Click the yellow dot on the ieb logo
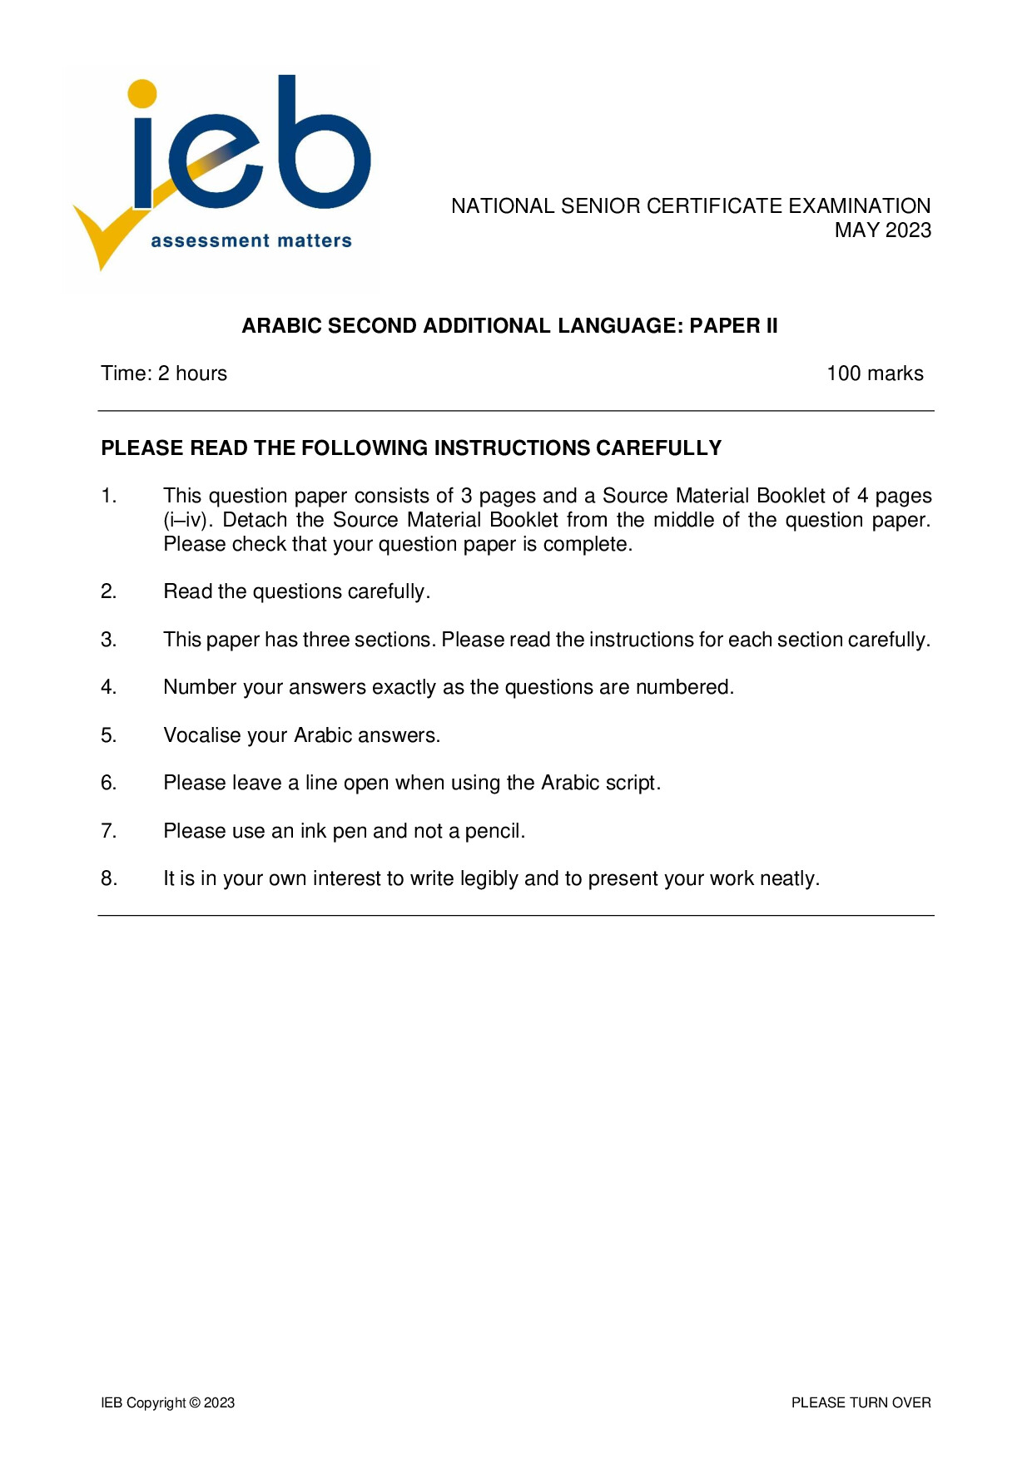pyautogui.click(x=143, y=93)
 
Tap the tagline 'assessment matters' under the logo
pyautogui.click(x=251, y=241)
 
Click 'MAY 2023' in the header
pyautogui.click(x=882, y=230)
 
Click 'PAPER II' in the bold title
pyautogui.click(x=733, y=326)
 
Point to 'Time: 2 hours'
pyautogui.click(x=164, y=373)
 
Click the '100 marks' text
pyautogui.click(x=875, y=373)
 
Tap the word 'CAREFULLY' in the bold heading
pyautogui.click(x=658, y=448)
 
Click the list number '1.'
pyautogui.click(x=109, y=496)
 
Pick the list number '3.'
pyautogui.click(x=109, y=640)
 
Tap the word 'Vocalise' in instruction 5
pyautogui.click(x=201, y=735)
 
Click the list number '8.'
pyautogui.click(x=109, y=878)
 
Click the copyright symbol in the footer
pyautogui.click(x=195, y=1403)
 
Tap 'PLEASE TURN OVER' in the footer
pyautogui.click(x=861, y=1403)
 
